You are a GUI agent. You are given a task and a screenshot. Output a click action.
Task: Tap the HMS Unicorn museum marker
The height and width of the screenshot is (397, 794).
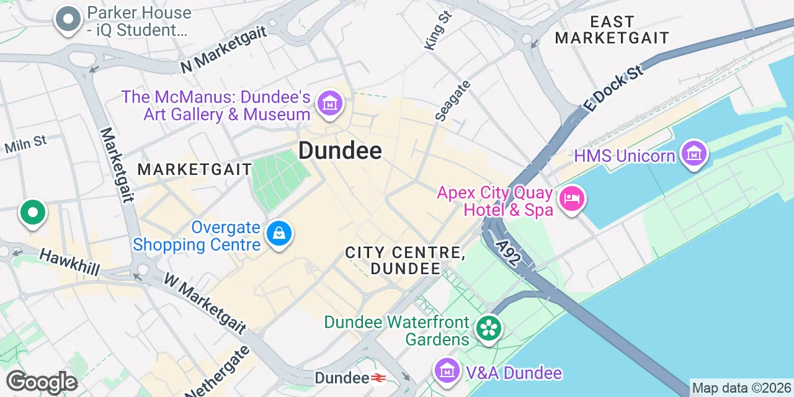point(694,153)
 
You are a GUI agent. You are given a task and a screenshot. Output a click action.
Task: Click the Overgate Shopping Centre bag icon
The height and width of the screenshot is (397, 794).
point(279,234)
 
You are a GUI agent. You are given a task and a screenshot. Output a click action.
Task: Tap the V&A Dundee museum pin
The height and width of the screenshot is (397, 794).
point(447,370)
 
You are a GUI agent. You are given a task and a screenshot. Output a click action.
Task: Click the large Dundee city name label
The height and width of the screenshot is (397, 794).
point(340,150)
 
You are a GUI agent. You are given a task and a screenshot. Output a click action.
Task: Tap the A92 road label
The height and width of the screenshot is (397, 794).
point(508,249)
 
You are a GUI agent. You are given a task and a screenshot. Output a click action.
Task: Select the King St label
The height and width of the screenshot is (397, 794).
point(438,30)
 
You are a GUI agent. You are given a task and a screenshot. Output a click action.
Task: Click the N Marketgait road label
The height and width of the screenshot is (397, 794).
point(223,50)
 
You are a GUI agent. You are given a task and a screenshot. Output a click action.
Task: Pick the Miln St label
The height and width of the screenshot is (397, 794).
point(25,145)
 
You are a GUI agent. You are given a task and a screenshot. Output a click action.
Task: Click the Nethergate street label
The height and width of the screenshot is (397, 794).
point(217,373)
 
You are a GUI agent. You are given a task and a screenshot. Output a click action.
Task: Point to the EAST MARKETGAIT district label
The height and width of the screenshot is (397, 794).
point(612,30)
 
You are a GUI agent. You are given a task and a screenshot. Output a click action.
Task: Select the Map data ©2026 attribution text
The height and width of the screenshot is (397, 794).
point(741,388)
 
